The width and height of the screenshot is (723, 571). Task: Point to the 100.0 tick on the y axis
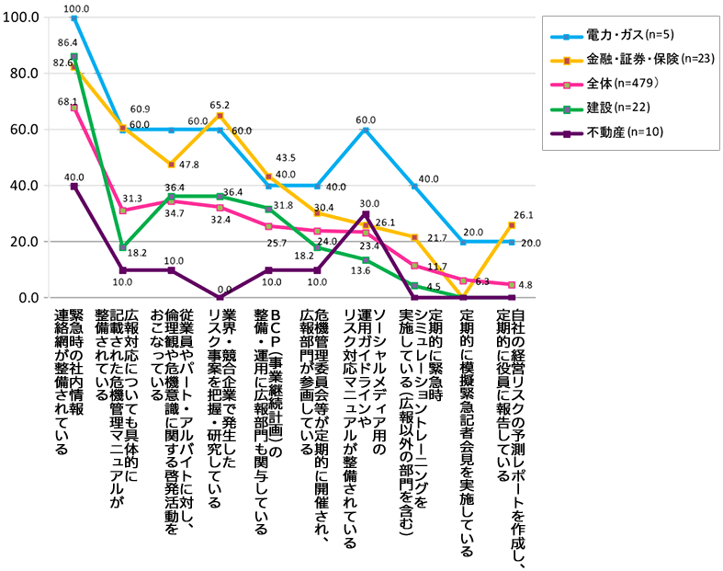pos(21,17)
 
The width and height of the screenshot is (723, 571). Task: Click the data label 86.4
pos(67,42)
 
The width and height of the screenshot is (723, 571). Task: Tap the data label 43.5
pos(286,159)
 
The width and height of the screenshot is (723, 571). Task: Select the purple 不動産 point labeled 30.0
pos(366,214)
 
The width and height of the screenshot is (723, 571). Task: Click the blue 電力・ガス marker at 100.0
pos(73,18)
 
